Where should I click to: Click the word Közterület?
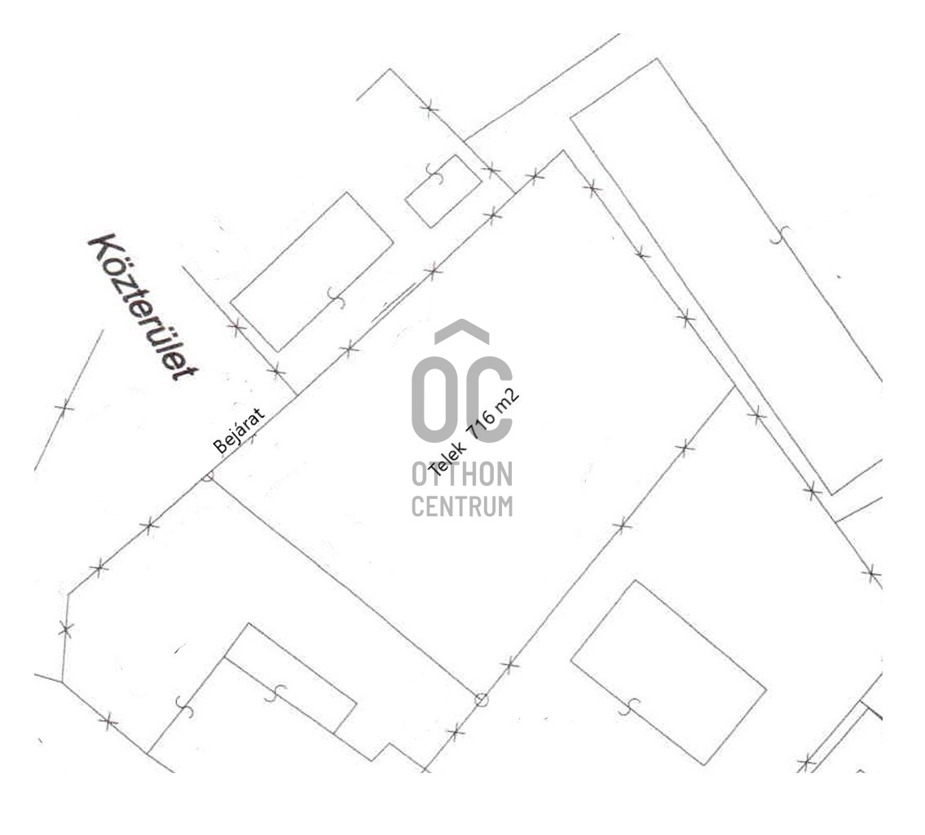143,307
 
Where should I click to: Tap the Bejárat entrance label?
239,431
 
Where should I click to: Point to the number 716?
482,424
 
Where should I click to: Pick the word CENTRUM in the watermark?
462,506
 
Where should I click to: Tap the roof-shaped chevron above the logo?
462,332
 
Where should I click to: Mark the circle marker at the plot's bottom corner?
482,700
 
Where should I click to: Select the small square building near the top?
443,191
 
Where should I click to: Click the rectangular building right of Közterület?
311,272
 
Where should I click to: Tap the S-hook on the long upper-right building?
780,234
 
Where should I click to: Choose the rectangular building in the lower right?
668,673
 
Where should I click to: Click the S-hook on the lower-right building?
629,706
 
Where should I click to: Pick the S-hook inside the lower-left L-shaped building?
275,693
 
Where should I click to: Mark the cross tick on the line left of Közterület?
64,407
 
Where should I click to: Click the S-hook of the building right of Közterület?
337,298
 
